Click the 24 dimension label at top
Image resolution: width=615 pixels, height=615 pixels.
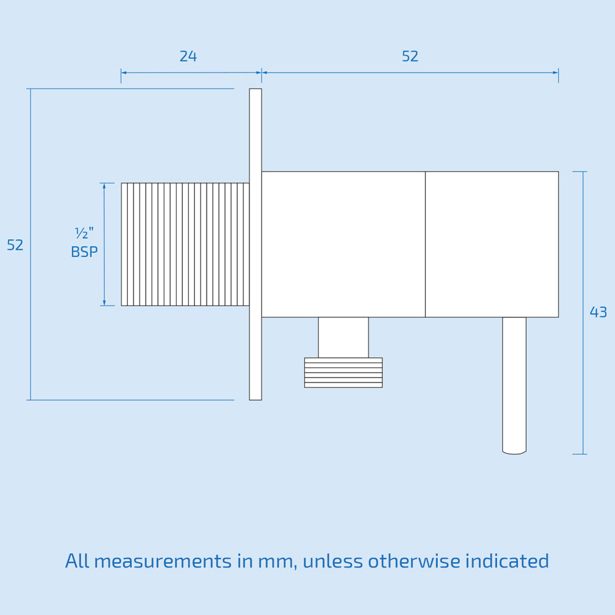click(188, 57)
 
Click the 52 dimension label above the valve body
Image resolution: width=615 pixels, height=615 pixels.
click(410, 57)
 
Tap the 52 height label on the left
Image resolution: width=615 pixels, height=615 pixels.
click(15, 245)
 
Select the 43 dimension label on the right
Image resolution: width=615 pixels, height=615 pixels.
click(598, 312)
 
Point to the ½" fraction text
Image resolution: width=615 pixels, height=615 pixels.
click(84, 233)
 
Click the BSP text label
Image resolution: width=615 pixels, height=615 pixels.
click(84, 252)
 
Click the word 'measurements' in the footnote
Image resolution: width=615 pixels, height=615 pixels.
click(163, 561)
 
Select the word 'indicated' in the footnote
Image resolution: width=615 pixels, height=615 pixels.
click(507, 561)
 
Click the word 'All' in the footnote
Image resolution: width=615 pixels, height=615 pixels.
click(77, 561)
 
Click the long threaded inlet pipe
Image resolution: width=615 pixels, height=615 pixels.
click(185, 244)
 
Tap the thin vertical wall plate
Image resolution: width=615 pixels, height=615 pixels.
click(255, 244)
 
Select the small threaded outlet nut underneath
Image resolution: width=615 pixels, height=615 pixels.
click(344, 373)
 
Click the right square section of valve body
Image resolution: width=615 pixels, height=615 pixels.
click(492, 244)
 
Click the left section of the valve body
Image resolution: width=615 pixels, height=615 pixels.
click(344, 244)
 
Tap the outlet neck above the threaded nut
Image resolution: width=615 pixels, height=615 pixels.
click(344, 337)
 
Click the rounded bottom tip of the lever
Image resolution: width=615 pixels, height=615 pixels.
click(514, 453)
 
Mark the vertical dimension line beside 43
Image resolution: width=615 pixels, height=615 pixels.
click(583, 312)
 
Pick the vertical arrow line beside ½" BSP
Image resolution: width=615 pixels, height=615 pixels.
click(104, 244)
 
